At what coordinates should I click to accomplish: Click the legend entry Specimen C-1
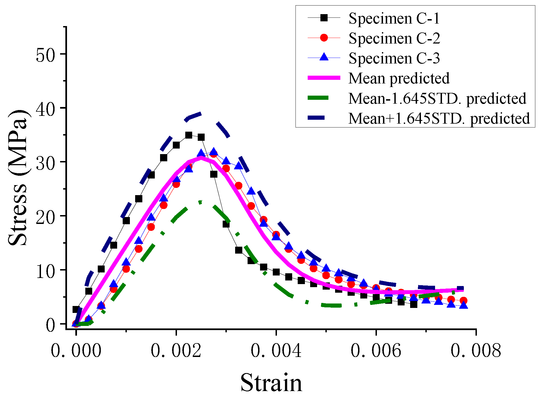(394, 18)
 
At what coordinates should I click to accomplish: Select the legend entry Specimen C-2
(394, 38)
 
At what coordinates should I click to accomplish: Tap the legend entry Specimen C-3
(394, 58)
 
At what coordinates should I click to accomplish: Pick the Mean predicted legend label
(399, 78)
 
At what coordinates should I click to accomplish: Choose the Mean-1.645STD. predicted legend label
(437, 98)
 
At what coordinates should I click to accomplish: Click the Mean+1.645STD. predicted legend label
(439, 118)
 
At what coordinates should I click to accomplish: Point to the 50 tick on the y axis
(46, 55)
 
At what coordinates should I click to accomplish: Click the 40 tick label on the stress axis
(46, 109)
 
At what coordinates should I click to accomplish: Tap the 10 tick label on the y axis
(46, 271)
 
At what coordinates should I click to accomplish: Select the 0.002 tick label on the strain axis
(176, 351)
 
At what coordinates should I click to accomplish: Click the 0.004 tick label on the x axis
(276, 351)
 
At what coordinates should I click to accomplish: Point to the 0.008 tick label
(475, 351)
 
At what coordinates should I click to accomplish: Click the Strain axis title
(271, 383)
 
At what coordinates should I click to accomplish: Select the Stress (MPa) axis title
(18, 177)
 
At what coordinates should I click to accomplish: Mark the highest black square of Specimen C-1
(189, 135)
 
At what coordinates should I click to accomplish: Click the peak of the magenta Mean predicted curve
(201, 158)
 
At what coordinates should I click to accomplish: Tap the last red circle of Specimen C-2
(464, 300)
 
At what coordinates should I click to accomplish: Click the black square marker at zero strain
(76, 309)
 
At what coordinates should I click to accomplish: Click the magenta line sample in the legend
(324, 78)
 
